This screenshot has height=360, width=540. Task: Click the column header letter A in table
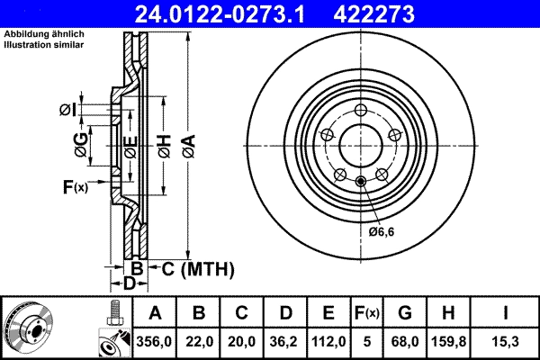click(x=155, y=313)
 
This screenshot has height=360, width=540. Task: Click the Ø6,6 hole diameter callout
click(x=382, y=231)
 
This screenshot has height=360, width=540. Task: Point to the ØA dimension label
click(x=187, y=144)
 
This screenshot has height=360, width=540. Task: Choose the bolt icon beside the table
click(x=113, y=315)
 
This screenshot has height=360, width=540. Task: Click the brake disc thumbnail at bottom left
click(x=31, y=328)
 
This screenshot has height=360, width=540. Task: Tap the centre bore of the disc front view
click(x=361, y=146)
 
